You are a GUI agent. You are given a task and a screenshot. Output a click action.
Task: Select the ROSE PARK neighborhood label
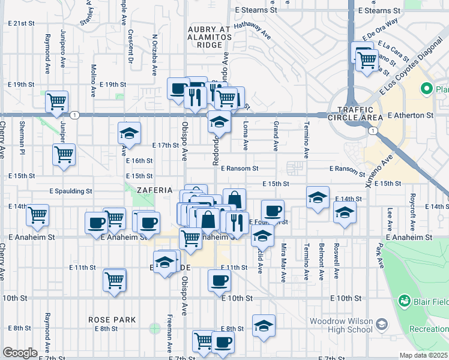112,320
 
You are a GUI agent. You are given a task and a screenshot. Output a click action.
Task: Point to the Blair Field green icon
404,300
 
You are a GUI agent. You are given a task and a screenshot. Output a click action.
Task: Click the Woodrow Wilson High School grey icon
381,325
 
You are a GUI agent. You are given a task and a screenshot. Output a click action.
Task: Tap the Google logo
20,353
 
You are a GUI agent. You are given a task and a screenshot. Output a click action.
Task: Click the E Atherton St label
411,115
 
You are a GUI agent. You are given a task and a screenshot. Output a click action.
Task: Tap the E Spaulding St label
70,191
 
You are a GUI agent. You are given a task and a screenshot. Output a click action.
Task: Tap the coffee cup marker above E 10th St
219,280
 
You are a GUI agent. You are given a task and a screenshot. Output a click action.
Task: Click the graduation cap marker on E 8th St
263,325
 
